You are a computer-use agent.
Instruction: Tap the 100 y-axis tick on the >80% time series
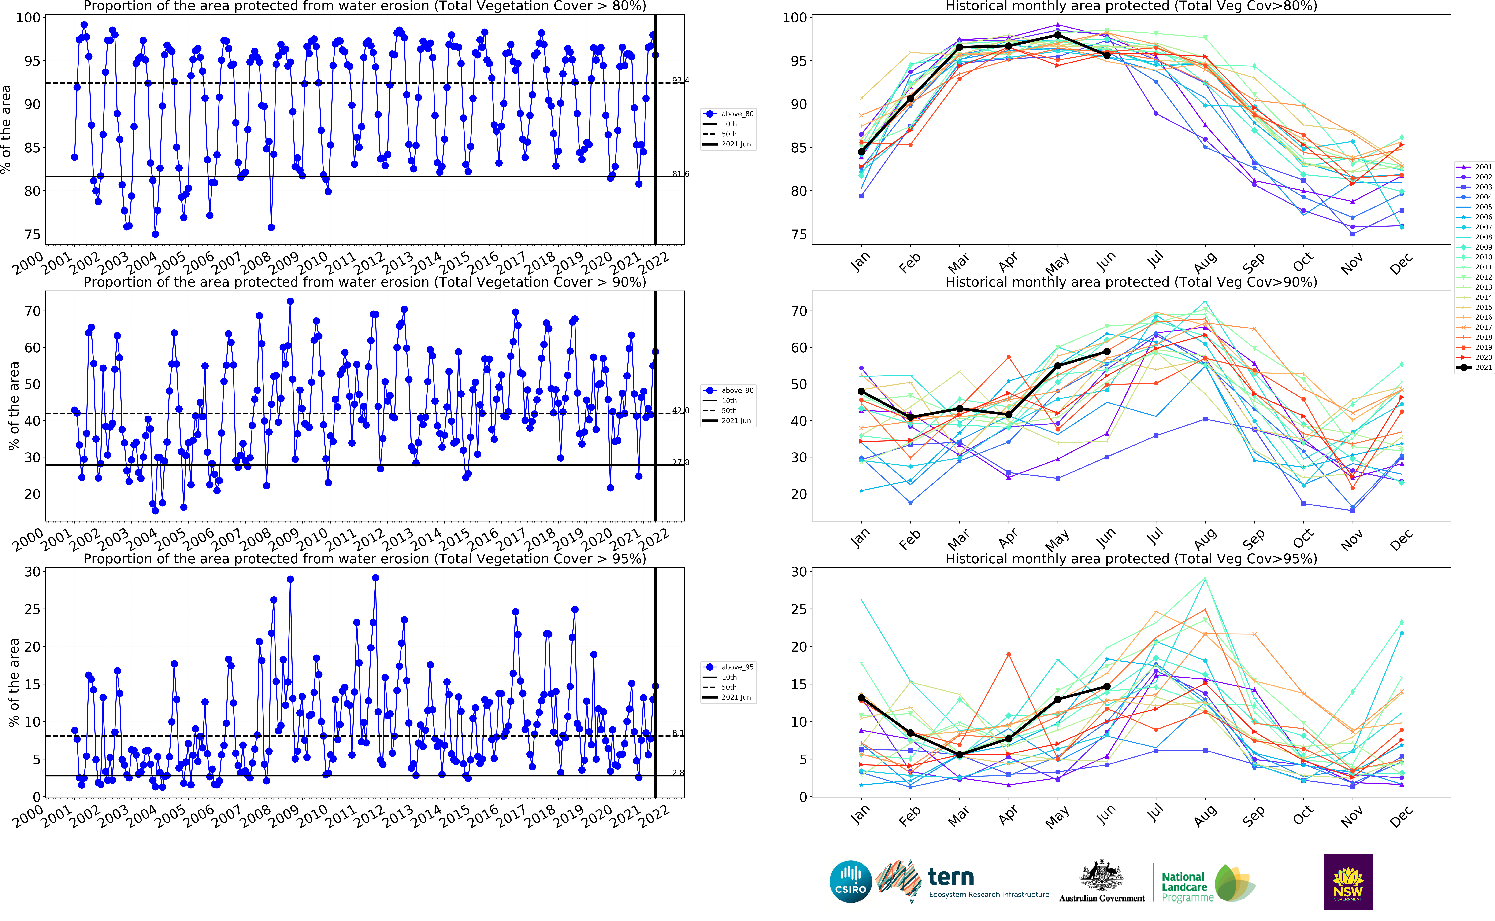(28, 18)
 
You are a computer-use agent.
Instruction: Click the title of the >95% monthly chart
(1131, 559)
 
